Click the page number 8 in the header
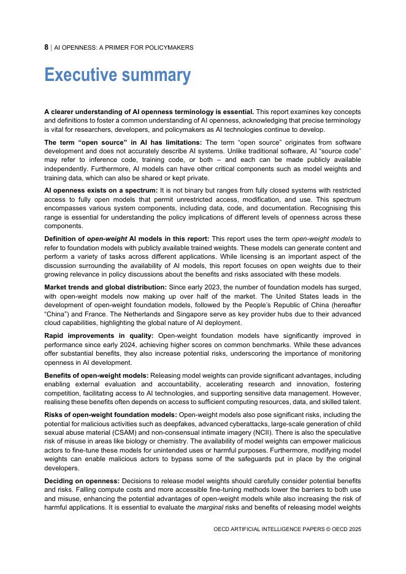coord(47,47)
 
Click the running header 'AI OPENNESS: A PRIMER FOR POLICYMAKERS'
coord(123,47)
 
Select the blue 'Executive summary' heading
coord(117,75)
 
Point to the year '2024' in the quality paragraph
coord(134,345)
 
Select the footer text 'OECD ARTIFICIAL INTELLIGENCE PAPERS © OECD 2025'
coord(287,529)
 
